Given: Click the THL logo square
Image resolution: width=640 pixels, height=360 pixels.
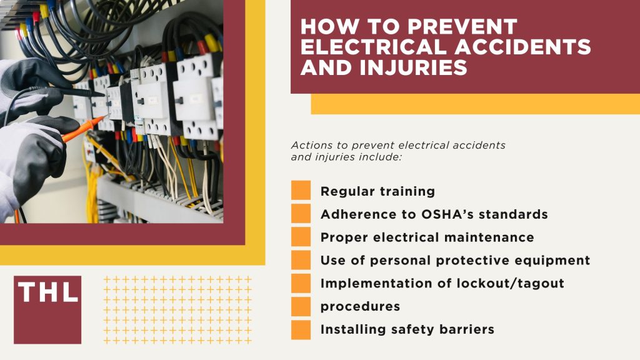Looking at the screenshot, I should point(47,309).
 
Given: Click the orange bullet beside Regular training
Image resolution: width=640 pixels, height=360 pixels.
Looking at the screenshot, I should point(301,191).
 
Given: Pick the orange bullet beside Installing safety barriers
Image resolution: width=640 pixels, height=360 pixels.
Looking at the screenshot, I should point(301,329).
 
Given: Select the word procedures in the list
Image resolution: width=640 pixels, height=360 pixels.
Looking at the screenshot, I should point(360,306).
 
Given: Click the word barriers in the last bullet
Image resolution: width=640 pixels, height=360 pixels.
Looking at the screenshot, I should point(467,329).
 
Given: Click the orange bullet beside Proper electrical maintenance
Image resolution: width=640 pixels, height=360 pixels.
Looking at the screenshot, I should point(301,237).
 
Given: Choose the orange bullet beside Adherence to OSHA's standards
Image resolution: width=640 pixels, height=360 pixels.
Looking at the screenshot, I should point(301,214).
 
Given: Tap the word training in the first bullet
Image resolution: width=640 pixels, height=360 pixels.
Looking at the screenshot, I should point(406,192).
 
